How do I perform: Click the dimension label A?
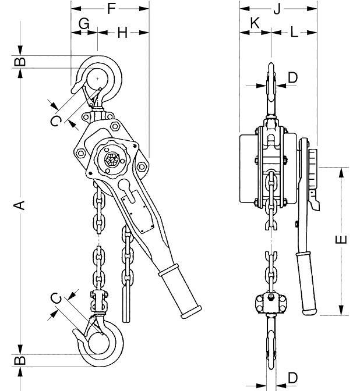tap(20, 204)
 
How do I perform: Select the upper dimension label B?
tap(20, 61)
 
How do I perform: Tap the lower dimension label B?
tap(20, 360)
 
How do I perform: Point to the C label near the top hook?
tap(55, 120)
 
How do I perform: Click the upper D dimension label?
tap(292, 77)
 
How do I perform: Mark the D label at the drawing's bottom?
tap(292, 378)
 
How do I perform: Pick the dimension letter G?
tap(84, 24)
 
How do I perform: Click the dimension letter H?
tap(122, 33)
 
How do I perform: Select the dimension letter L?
tap(294, 33)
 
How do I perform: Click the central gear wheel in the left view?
tap(112, 158)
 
